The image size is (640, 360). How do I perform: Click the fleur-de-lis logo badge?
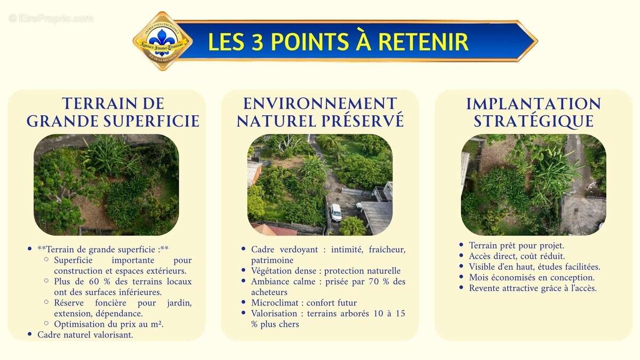pos(162,41)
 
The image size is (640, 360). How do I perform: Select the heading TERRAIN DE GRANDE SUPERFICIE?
pos(113,112)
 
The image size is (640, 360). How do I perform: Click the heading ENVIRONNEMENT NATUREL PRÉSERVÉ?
pos(320,112)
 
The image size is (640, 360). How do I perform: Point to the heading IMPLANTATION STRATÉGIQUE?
pos(533,112)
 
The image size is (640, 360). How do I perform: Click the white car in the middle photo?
pos(335,212)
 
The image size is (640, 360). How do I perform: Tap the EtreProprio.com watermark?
pos(51,18)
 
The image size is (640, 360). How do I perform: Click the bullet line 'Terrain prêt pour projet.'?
pos(516,245)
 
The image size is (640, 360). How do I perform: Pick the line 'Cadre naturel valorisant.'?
pos(85,335)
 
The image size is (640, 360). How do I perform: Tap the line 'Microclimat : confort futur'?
pos(304,303)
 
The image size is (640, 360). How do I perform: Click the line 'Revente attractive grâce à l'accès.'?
pos(532,288)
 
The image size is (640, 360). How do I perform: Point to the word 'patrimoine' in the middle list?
pos(272,260)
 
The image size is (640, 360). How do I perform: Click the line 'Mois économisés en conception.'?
pos(531,277)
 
